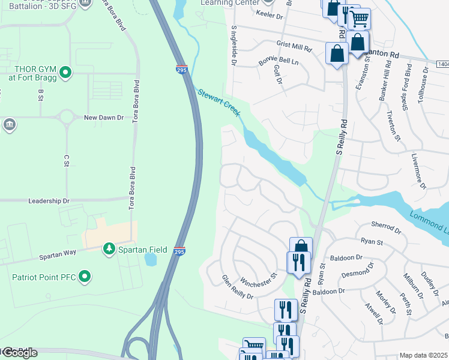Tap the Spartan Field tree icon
point(109,248)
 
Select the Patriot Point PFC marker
point(85,277)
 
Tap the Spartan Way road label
point(58,253)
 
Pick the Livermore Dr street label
point(418,171)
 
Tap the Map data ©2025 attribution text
point(423,355)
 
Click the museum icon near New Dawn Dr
point(10,124)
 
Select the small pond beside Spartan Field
point(151,259)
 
